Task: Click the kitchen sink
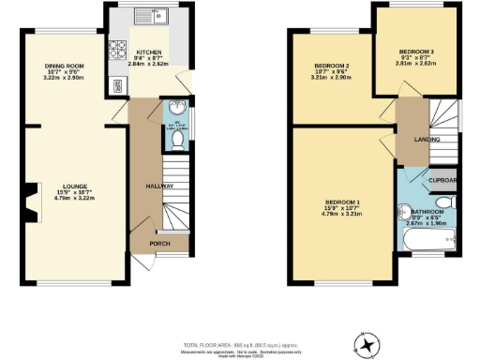(150, 15)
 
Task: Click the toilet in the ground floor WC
(177, 140)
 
